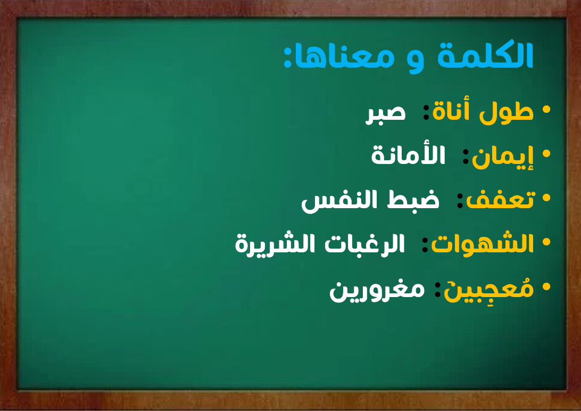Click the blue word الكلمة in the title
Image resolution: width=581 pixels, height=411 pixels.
point(485,55)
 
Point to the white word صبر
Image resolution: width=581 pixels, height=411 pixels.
point(385,113)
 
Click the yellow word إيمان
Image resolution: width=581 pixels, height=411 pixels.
point(503,156)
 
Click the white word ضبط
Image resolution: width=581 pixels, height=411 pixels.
point(413,200)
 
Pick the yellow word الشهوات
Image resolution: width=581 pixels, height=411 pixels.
point(482,243)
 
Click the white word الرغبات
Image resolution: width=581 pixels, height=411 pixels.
point(364,243)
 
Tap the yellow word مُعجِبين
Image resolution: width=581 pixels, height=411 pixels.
point(489,289)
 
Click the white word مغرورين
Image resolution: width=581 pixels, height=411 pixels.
point(377,290)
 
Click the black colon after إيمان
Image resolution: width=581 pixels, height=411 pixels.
point(466,157)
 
